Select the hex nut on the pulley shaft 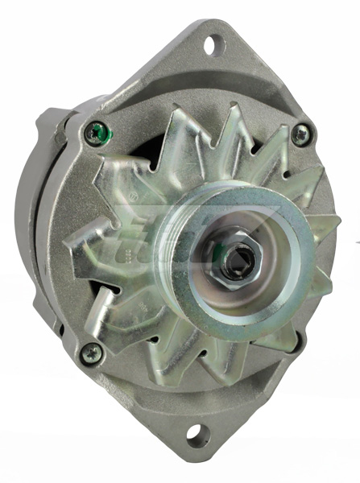tap(235, 258)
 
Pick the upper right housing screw tap(300, 134)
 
